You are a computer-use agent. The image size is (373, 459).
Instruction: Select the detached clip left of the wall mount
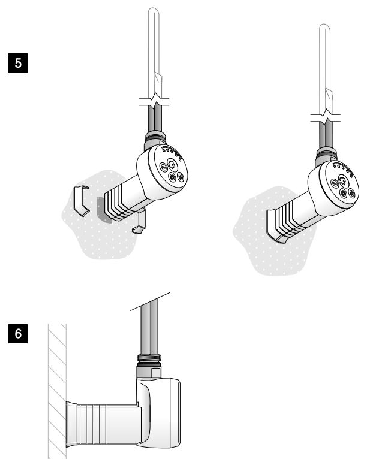click(81, 201)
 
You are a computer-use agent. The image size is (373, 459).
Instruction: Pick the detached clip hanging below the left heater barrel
click(140, 221)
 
